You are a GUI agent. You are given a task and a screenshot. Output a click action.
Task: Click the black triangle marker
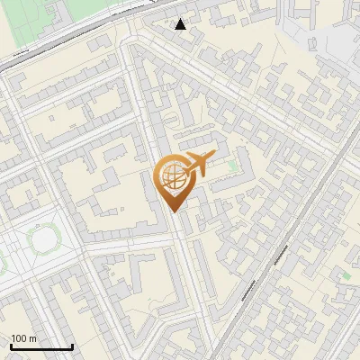[x=181, y=24]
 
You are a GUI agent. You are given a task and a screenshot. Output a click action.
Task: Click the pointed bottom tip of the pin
[x=174, y=210]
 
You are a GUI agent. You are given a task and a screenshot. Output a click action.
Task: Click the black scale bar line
[x=41, y=347]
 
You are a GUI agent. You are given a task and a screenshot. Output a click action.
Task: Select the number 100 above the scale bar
[x=19, y=338]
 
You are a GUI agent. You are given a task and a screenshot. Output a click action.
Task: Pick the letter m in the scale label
[x=32, y=338]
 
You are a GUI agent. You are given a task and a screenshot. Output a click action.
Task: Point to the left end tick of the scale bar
[x=11, y=346]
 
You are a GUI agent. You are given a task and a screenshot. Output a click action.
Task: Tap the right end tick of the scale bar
[x=72, y=346]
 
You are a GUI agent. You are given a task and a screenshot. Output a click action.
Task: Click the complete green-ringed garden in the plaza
[x=42, y=238]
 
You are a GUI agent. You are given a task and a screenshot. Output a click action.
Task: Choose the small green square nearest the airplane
[x=235, y=166]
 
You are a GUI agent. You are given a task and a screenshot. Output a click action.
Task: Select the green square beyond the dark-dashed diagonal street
[x=346, y=274]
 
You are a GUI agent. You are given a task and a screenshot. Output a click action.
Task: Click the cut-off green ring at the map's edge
[x=2, y=261]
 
